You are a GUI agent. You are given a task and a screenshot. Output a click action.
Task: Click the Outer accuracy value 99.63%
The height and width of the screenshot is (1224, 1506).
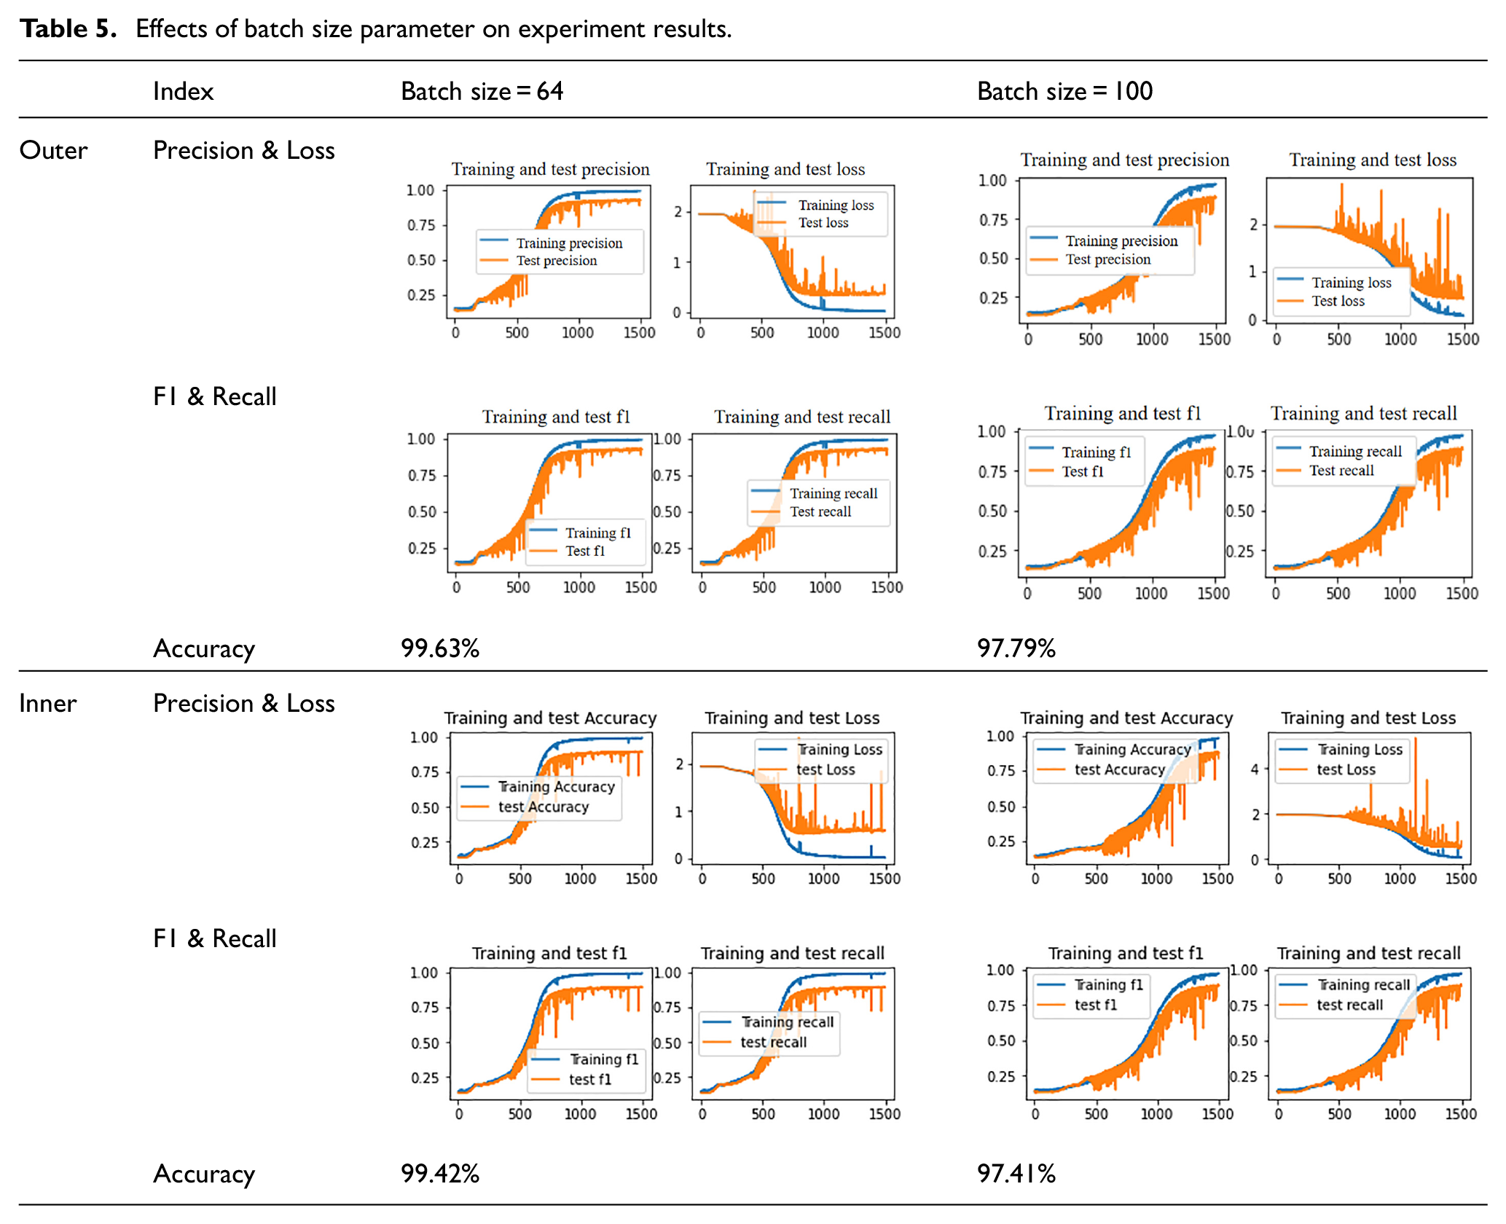click(440, 648)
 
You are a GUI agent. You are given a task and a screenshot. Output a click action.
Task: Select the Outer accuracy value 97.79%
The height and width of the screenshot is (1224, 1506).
click(1016, 648)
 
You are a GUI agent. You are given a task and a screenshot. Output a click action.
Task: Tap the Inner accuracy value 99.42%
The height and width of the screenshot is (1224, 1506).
click(440, 1173)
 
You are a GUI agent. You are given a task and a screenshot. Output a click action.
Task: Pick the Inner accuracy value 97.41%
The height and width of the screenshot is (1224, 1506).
click(1016, 1173)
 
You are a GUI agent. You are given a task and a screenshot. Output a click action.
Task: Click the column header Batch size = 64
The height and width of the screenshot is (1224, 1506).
click(482, 91)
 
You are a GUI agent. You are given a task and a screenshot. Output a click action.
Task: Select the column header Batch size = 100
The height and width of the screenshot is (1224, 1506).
click(1064, 91)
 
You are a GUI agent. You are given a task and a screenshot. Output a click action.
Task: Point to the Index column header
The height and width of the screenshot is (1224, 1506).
click(183, 91)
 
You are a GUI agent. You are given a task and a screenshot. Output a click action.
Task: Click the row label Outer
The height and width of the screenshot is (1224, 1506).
click(53, 150)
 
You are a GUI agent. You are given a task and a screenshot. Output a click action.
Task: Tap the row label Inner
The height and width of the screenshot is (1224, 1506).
click(48, 703)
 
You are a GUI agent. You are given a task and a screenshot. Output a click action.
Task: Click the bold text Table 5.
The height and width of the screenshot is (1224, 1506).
click(68, 28)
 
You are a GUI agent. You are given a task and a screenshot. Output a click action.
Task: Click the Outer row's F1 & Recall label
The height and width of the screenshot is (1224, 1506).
click(215, 396)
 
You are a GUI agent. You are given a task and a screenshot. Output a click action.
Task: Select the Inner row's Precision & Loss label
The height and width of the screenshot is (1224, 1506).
click(244, 703)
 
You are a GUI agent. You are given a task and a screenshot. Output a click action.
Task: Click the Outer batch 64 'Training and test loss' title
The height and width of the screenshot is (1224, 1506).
click(785, 169)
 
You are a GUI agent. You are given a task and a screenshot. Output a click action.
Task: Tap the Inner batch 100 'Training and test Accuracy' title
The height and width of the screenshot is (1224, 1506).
click(1126, 718)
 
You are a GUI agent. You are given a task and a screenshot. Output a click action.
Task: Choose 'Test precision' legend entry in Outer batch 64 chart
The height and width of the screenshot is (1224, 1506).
click(557, 261)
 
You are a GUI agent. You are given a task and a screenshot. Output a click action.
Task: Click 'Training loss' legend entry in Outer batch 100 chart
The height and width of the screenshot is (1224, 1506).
click(1352, 283)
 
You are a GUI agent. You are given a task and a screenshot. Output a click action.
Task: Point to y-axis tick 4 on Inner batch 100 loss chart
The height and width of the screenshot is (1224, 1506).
click(1255, 769)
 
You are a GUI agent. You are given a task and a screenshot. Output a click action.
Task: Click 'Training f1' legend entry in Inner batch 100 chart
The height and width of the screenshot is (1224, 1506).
click(1109, 985)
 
